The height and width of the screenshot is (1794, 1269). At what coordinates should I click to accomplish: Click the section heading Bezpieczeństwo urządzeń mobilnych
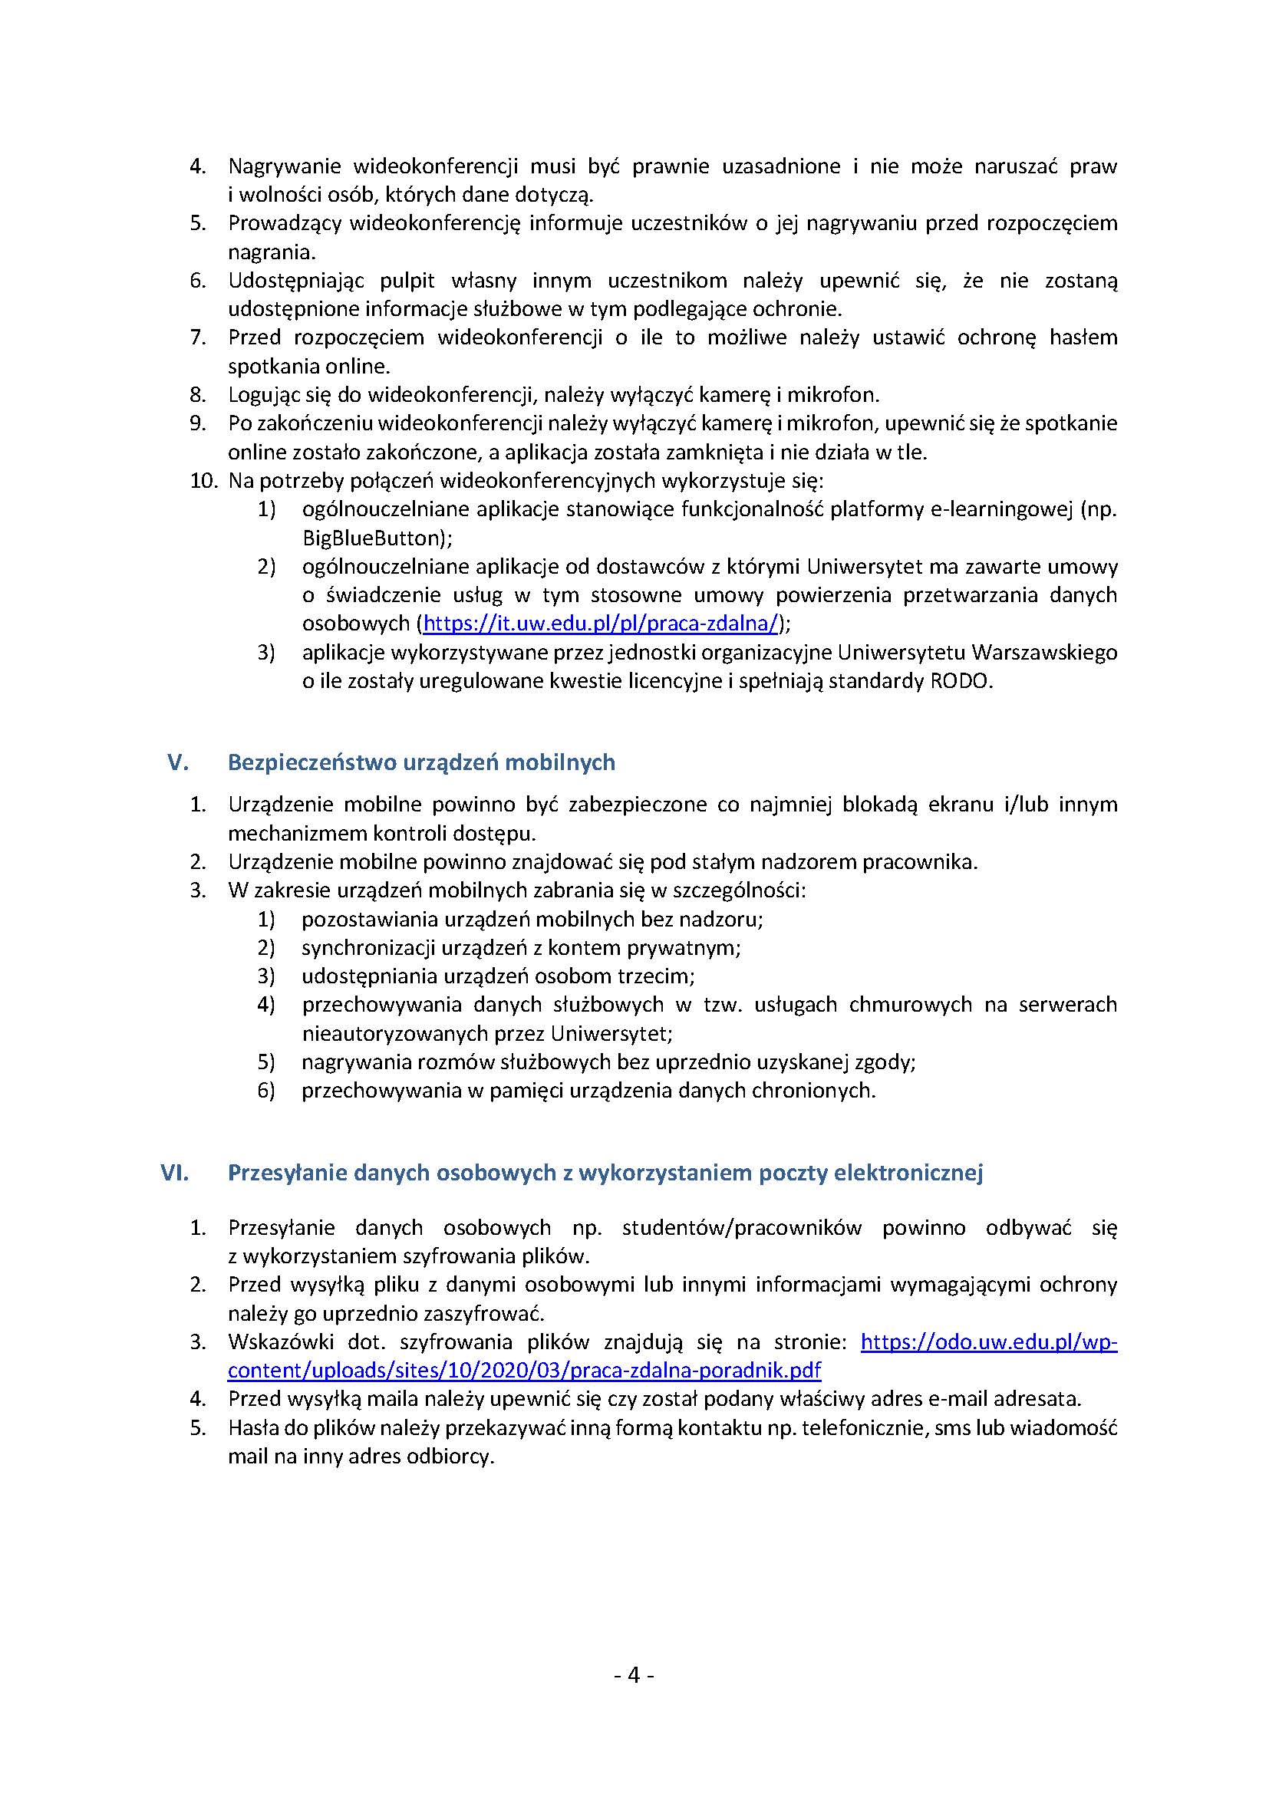point(421,762)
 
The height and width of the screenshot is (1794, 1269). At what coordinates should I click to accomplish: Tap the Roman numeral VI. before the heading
point(175,1172)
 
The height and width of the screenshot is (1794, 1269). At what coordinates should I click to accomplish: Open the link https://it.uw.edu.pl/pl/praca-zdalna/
point(600,623)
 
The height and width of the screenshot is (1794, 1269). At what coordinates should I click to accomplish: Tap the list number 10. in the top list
point(203,481)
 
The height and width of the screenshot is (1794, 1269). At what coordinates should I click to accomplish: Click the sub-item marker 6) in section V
point(266,1090)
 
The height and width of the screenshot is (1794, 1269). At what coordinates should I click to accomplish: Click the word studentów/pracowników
point(742,1227)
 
